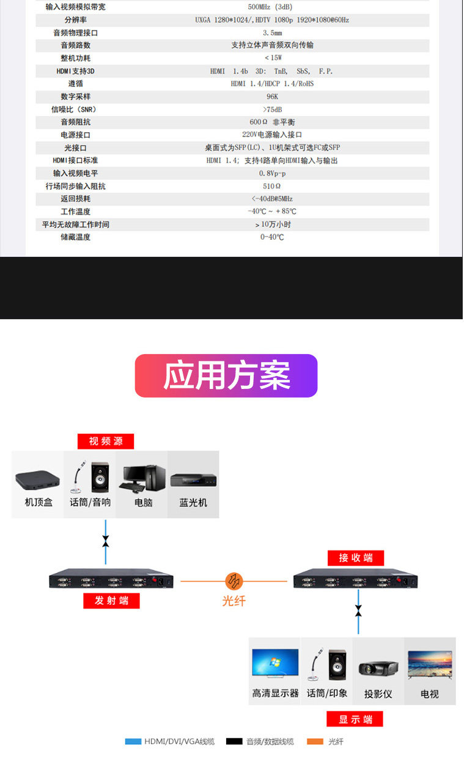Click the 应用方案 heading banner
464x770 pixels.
pos(226,376)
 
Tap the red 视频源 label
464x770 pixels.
pos(105,441)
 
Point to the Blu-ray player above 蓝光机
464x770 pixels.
pos(193,481)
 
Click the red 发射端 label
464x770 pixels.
pos(111,601)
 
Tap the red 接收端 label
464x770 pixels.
pos(356,558)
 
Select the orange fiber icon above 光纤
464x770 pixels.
pos(234,580)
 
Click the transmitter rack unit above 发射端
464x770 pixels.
pos(111,581)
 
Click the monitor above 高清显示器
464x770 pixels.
pos(275,664)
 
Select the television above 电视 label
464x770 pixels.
pos(430,665)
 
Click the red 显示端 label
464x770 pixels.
pos(355,719)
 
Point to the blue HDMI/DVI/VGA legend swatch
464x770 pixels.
pos(133,741)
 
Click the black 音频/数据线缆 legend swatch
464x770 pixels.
pos(234,741)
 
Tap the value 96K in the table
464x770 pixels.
pos(272,97)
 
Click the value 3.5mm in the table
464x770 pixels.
pos(272,32)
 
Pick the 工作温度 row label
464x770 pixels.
pos(75,212)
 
